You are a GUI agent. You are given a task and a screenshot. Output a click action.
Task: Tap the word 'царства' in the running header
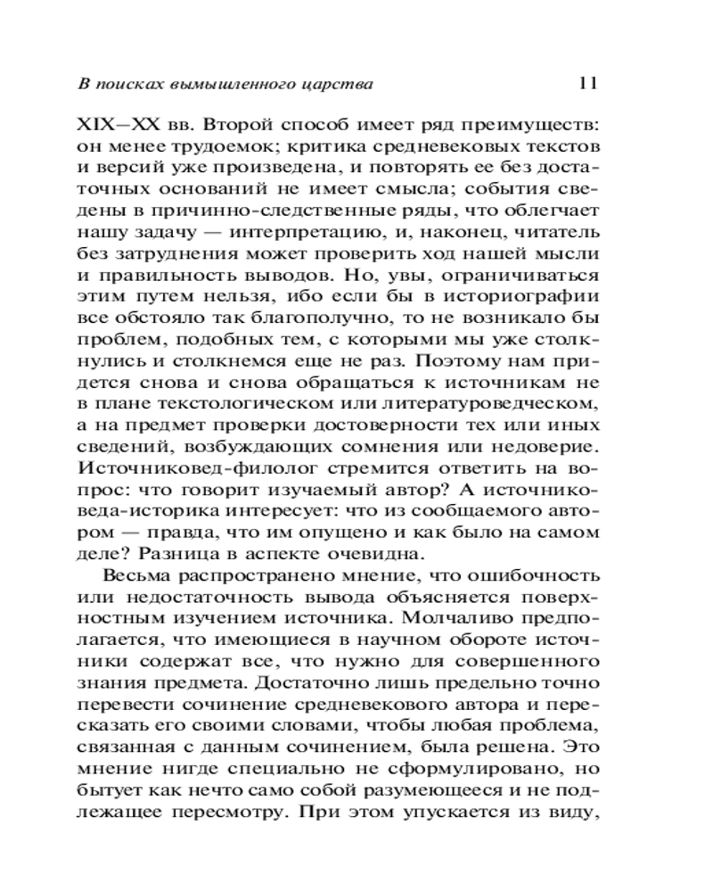(x=337, y=86)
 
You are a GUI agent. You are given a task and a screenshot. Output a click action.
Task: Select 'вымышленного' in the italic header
(x=233, y=86)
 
